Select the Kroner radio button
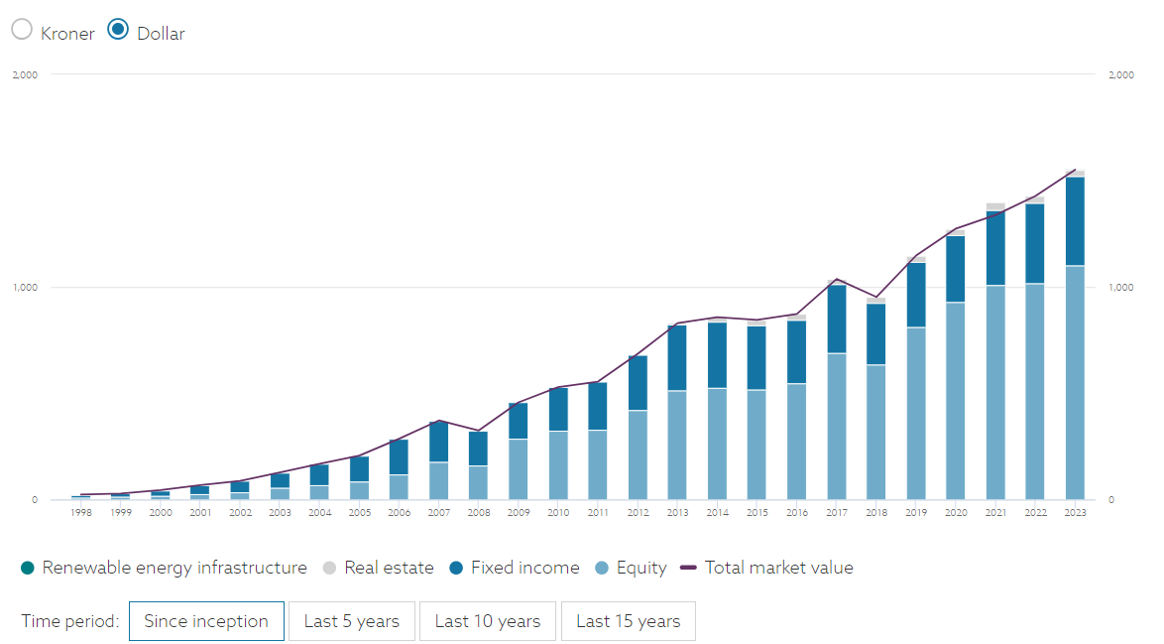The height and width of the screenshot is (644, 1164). pyautogui.click(x=22, y=30)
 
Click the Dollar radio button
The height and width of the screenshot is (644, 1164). pyautogui.click(x=118, y=30)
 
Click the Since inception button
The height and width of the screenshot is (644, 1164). pyautogui.click(x=206, y=621)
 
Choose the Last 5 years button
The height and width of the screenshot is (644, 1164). pyautogui.click(x=351, y=621)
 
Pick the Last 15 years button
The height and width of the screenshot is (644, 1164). pyautogui.click(x=628, y=621)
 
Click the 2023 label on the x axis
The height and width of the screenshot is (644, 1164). pyautogui.click(x=1075, y=513)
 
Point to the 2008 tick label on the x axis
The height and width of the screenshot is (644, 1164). pyautogui.click(x=479, y=513)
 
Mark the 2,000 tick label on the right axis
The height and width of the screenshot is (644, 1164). pyautogui.click(x=1119, y=75)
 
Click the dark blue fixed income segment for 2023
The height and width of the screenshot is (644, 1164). pyautogui.click(x=1075, y=220)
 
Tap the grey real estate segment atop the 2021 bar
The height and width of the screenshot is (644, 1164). pyautogui.click(x=995, y=206)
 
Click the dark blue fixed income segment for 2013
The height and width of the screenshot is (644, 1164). pyautogui.click(x=677, y=357)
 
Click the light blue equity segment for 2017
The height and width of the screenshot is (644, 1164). pyautogui.click(x=837, y=427)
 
